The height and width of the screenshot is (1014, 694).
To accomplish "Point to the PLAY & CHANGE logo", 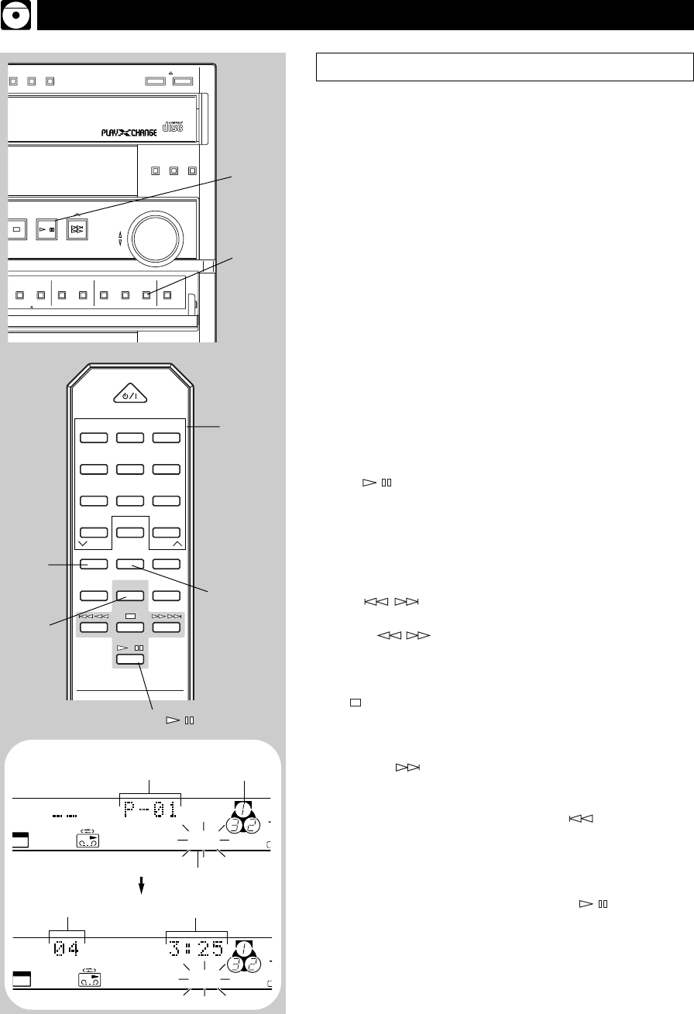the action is coord(129,132).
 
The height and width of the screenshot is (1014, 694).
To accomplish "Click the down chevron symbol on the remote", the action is coord(83,545).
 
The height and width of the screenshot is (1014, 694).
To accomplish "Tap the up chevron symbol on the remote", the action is coord(177,545).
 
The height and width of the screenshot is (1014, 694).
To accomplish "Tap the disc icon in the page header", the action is coord(16,16).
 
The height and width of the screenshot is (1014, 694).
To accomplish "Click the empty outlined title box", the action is coord(503,67).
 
